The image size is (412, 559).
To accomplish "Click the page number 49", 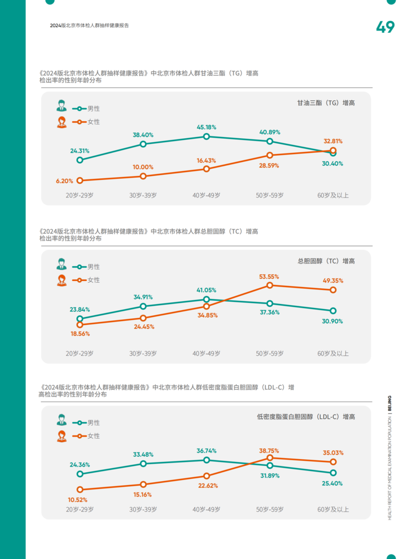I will tap(385, 27).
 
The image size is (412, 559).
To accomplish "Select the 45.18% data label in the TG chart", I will tap(206, 127).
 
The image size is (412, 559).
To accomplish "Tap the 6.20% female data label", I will tap(64, 181).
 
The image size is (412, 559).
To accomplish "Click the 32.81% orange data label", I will tap(333, 141).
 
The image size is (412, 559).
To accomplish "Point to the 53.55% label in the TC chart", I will tap(269, 277).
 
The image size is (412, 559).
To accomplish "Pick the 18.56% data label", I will tap(80, 334).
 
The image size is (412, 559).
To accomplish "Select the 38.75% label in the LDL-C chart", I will tap(269, 451).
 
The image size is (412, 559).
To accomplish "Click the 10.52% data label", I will tap(77, 500).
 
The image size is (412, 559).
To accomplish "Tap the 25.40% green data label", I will tap(332, 483).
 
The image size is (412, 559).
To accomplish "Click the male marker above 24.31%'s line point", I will tap(80, 160).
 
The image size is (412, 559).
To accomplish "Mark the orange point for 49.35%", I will tap(333, 290).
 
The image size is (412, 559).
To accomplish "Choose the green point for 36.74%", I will tap(207, 460).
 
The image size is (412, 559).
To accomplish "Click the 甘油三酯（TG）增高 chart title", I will tap(326, 103).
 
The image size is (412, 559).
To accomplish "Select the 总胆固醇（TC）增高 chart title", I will tap(326, 261).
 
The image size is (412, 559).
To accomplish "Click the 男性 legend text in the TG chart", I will tap(94, 108).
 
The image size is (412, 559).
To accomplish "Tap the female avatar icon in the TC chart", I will tap(62, 280).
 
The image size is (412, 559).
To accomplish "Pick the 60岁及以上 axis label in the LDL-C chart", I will tap(333, 510).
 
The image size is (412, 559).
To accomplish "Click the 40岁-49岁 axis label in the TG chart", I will tap(207, 196).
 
